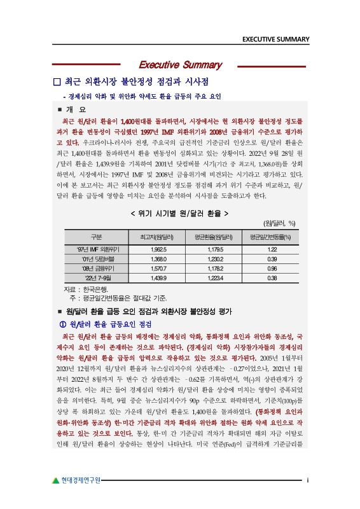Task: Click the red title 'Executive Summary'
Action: click(180, 65)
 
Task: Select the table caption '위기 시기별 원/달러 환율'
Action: click(179, 213)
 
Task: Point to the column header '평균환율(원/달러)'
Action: click(215, 237)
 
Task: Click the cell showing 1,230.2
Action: click(215, 259)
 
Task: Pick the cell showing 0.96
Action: click(271, 268)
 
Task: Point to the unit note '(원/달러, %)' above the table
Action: click(280, 223)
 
